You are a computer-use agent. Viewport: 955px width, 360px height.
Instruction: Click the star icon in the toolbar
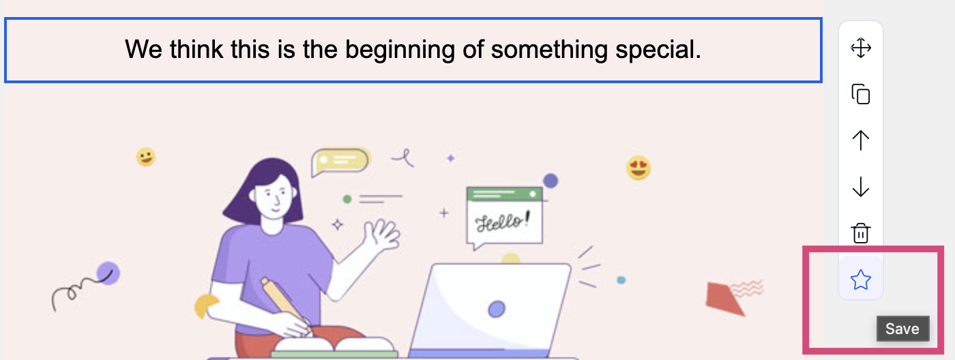(x=860, y=280)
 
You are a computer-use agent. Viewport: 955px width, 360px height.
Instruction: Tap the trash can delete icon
(x=861, y=233)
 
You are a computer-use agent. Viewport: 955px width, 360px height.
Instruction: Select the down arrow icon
(x=861, y=187)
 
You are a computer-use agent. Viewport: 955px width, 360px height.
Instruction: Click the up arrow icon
(x=861, y=140)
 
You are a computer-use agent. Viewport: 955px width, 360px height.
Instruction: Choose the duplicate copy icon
(x=861, y=93)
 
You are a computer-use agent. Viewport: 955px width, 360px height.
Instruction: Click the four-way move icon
(x=861, y=48)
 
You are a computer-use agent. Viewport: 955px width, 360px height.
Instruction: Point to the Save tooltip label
(x=902, y=329)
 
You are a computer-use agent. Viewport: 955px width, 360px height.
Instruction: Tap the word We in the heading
(x=143, y=49)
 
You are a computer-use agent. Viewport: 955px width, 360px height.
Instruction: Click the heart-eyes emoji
(x=638, y=168)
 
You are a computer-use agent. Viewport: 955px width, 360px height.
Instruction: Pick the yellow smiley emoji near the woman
(x=146, y=157)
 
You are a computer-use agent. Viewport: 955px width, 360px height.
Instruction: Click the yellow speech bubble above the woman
(x=340, y=162)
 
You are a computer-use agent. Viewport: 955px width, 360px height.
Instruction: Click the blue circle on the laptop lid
(x=497, y=309)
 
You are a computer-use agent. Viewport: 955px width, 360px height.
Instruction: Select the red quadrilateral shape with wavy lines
(x=724, y=298)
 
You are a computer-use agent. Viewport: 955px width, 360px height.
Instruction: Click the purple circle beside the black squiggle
(x=108, y=273)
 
